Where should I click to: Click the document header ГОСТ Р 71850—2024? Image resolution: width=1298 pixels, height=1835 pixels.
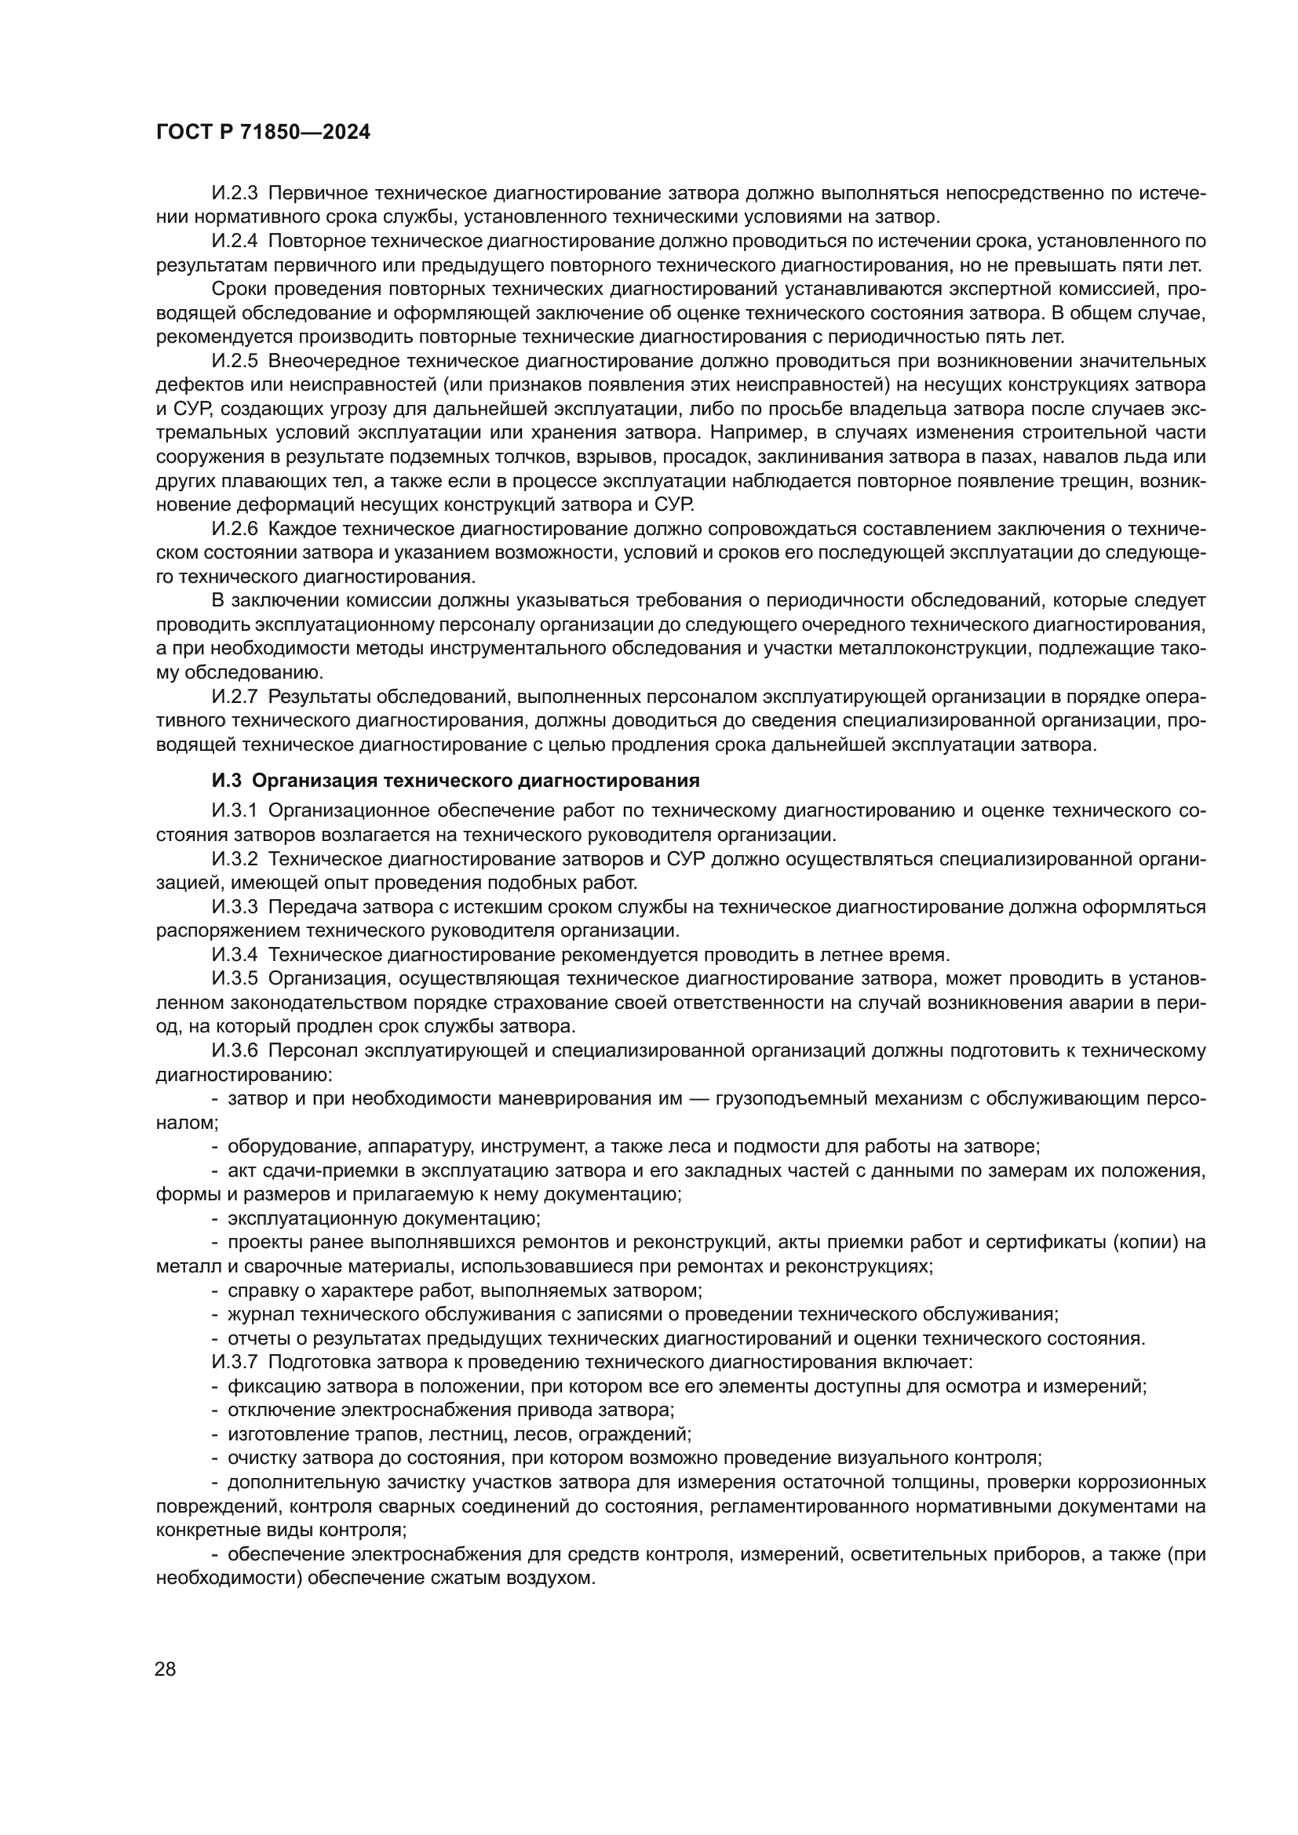click(x=263, y=133)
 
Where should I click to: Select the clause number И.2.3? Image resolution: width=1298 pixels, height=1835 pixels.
click(x=235, y=193)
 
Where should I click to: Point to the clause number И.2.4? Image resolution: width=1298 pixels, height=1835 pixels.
click(x=235, y=241)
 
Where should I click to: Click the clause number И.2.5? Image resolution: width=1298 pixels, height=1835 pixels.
click(x=235, y=360)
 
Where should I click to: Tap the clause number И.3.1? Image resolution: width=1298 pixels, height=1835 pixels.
click(x=235, y=810)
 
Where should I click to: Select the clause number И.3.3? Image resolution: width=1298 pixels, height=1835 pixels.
click(x=235, y=906)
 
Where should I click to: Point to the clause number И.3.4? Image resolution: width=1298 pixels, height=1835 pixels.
click(x=235, y=954)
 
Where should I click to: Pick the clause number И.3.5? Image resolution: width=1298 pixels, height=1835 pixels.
click(x=235, y=978)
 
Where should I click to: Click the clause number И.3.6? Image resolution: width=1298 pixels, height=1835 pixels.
click(x=235, y=1050)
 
